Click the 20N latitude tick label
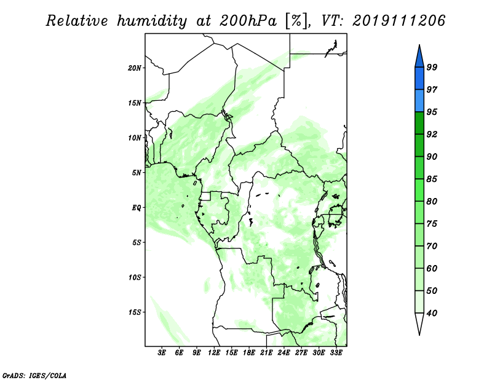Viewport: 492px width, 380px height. coord(135,68)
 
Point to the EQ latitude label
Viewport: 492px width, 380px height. coord(136,208)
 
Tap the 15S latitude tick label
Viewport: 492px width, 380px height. coord(135,312)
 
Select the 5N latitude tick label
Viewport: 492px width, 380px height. coord(137,173)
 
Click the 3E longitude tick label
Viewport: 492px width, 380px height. coord(162,353)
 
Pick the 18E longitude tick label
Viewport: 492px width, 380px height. coord(249,353)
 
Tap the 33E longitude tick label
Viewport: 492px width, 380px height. coord(336,353)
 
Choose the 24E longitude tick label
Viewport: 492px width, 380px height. coord(284,353)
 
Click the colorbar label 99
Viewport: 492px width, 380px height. coord(432,67)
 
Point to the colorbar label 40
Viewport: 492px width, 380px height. coord(432,313)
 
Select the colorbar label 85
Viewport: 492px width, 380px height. coord(432,179)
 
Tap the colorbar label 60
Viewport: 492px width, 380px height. coord(432,269)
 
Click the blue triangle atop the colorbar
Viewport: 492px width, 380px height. coord(419,58)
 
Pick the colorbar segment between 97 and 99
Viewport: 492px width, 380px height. coord(419,79)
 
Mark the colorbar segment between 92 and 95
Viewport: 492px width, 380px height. coord(419,123)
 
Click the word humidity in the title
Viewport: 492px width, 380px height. coord(152,21)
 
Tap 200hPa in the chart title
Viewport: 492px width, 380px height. coord(248,21)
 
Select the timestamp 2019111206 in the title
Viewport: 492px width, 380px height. coord(399,21)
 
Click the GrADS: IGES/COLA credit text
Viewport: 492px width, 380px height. coord(34,376)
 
